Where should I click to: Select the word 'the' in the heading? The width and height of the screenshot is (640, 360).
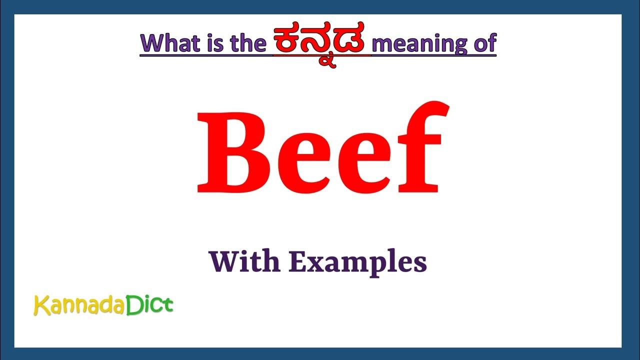tap(248, 43)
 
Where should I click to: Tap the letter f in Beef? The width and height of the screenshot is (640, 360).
tap(417, 147)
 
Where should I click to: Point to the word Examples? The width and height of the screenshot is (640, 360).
tap(358, 262)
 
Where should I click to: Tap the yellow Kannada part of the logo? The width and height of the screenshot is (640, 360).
tap(78, 305)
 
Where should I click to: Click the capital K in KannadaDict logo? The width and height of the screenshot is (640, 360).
tap(41, 305)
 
